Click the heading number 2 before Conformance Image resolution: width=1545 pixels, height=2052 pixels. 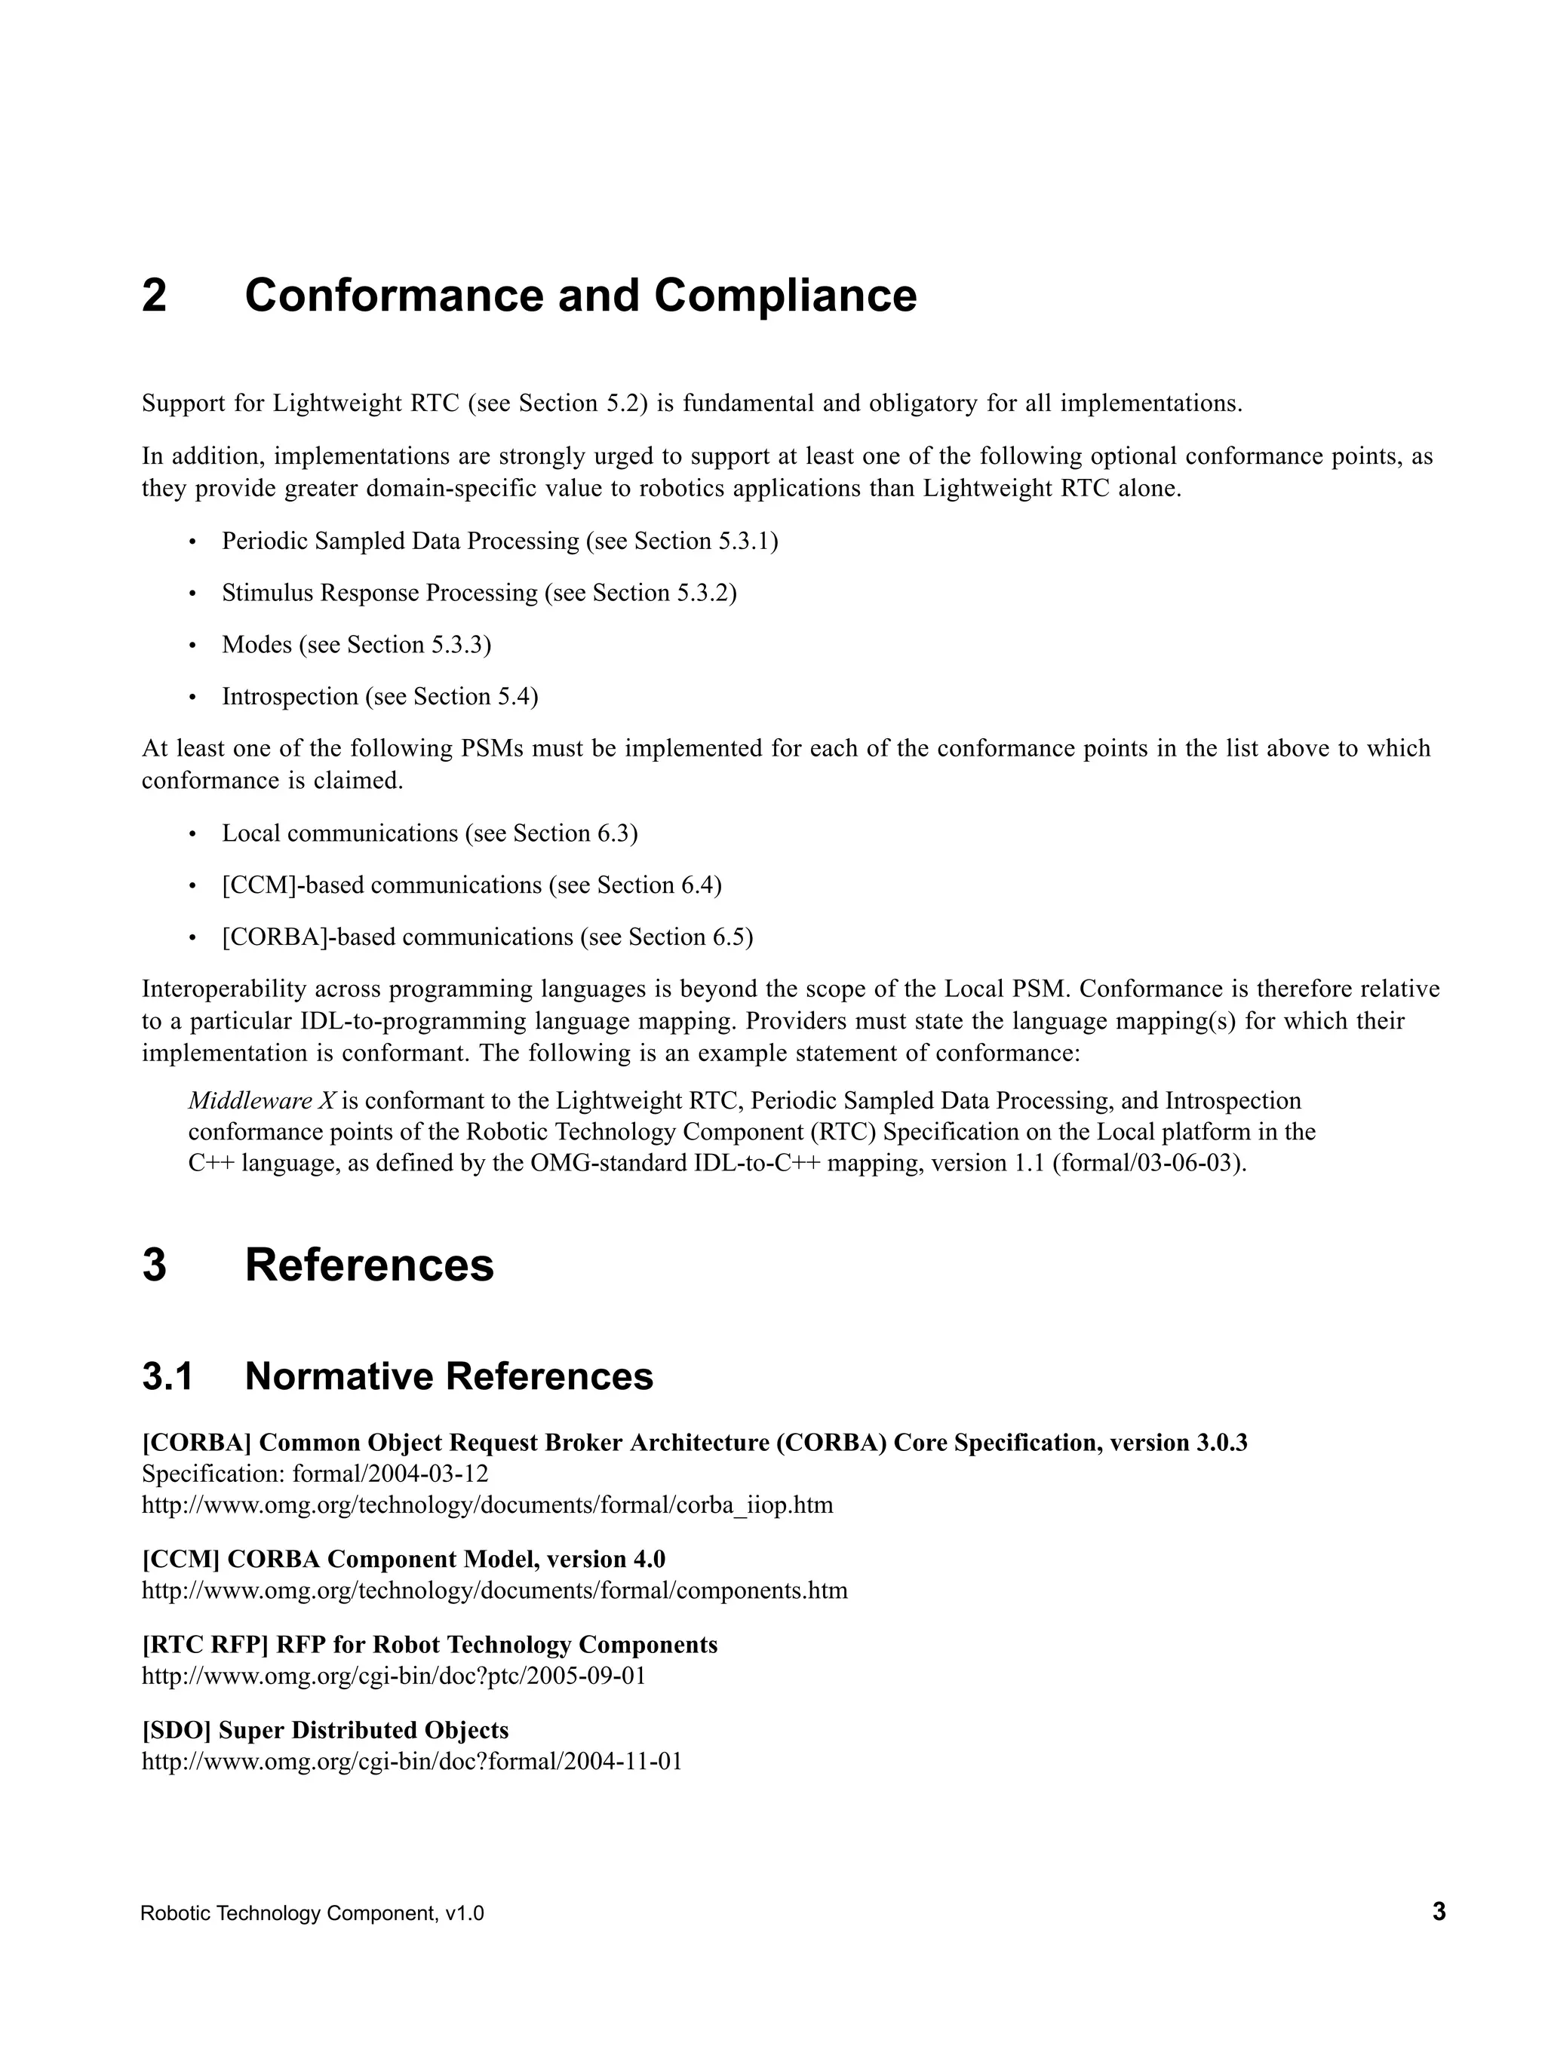click(154, 296)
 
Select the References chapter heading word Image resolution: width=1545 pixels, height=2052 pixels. click(370, 1265)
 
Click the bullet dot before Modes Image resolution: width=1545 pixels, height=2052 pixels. click(193, 646)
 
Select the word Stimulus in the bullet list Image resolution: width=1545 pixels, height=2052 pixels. click(267, 593)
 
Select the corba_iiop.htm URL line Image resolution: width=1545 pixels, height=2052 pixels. click(487, 1504)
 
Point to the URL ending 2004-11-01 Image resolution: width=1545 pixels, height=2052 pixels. click(412, 1761)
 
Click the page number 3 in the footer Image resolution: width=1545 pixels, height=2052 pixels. click(1439, 1912)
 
